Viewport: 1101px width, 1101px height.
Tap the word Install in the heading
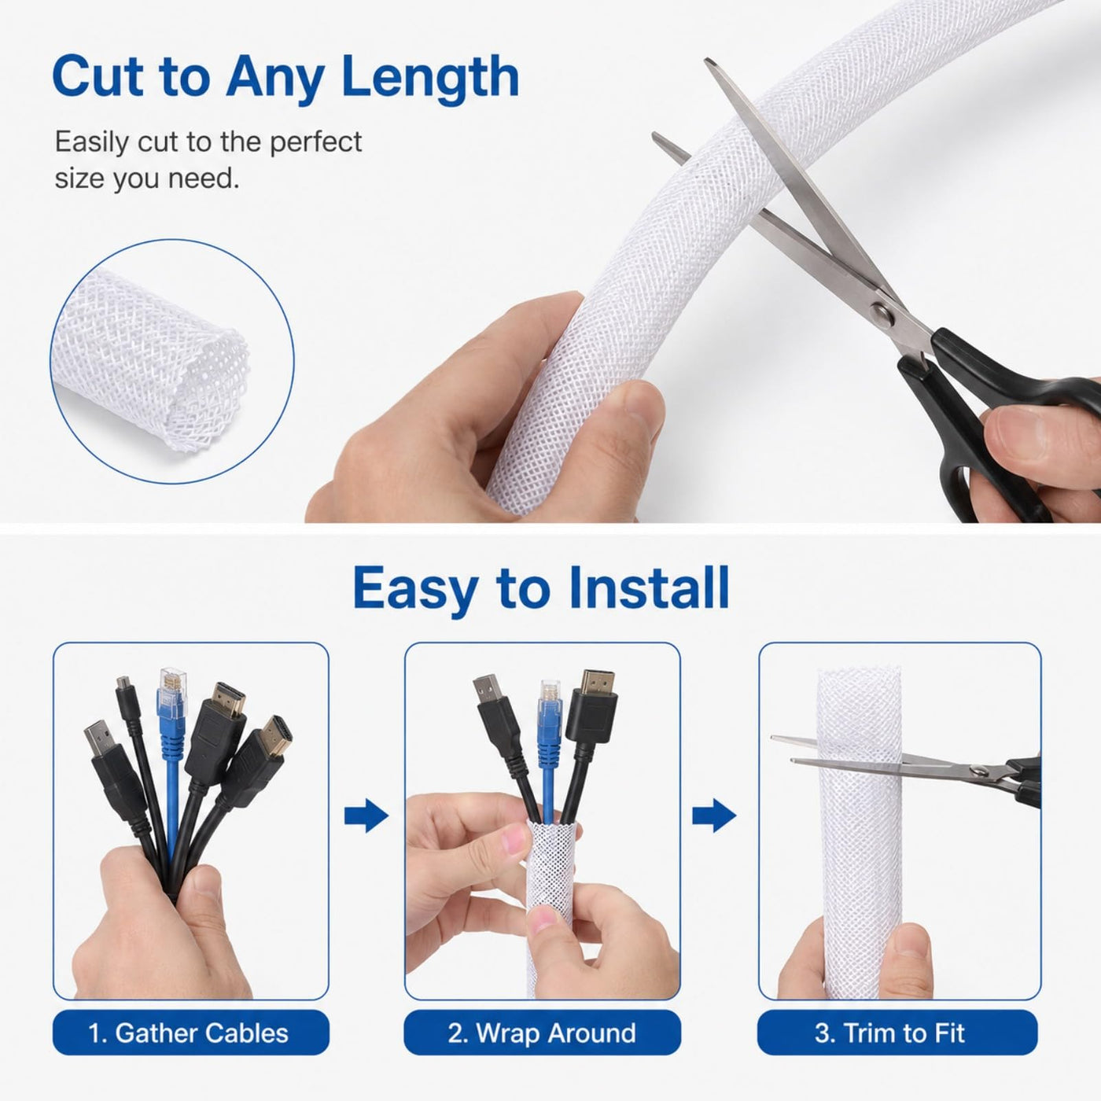(x=649, y=588)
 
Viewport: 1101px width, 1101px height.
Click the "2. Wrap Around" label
(x=542, y=1033)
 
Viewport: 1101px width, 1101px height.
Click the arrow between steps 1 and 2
(x=366, y=816)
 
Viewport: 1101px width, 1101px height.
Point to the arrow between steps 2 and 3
(x=714, y=816)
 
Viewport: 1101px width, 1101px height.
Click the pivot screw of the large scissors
(x=882, y=313)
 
